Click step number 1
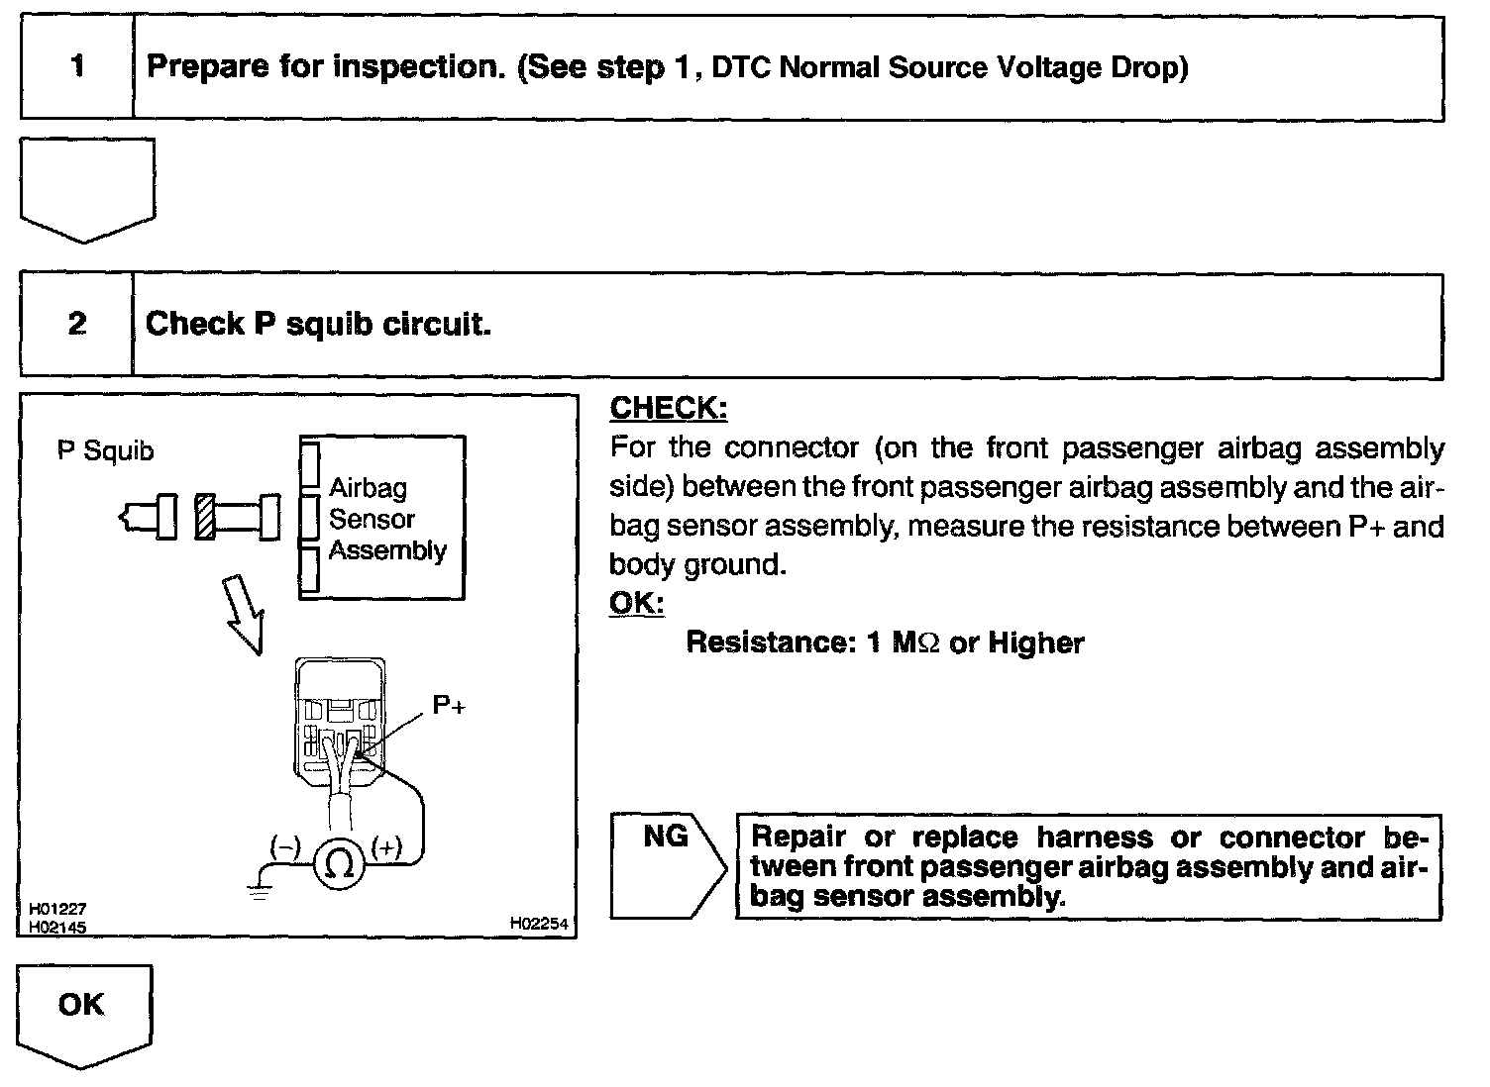click(77, 67)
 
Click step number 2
click(77, 324)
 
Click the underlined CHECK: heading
click(668, 408)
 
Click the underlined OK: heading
click(636, 603)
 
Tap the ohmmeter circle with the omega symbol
click(339, 863)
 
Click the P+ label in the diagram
click(449, 705)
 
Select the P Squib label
click(106, 451)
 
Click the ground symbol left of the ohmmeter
click(259, 889)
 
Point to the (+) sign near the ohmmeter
click(386, 846)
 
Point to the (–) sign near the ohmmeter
click(286, 846)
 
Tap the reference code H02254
click(539, 923)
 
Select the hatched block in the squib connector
click(205, 517)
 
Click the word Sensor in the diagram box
click(372, 519)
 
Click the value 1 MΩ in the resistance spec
click(901, 643)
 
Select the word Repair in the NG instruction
click(798, 838)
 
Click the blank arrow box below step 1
click(87, 188)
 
